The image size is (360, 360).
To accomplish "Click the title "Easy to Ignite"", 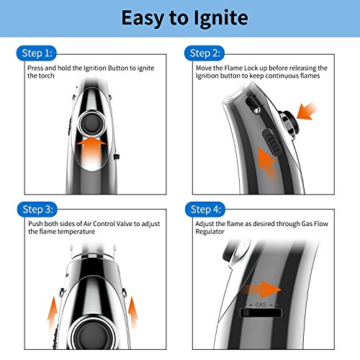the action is [x=184, y=18].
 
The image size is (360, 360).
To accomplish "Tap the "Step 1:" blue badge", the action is [x=37, y=53].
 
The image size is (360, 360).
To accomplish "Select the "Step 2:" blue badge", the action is [x=204, y=53].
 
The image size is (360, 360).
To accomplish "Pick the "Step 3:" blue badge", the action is [x=37, y=210].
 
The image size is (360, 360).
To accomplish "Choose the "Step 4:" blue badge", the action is [x=205, y=210].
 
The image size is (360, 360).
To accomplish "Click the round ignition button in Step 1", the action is [x=92, y=124].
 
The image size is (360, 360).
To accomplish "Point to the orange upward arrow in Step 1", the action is [x=91, y=152].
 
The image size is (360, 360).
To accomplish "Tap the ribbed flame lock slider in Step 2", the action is [x=272, y=142].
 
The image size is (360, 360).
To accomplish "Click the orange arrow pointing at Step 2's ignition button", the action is [x=307, y=110].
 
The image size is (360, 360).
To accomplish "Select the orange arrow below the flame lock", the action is [x=268, y=164].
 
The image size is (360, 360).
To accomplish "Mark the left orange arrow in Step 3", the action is [x=53, y=315].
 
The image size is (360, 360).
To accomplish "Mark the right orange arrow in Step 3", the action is [x=132, y=312].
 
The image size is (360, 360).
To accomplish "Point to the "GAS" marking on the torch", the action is [x=261, y=305].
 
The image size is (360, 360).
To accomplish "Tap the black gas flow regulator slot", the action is [x=261, y=313].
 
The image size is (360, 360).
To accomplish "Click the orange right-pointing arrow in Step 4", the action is [x=261, y=289].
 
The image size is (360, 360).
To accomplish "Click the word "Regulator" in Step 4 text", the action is [x=210, y=232].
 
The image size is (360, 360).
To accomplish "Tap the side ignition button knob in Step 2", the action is [x=289, y=125].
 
